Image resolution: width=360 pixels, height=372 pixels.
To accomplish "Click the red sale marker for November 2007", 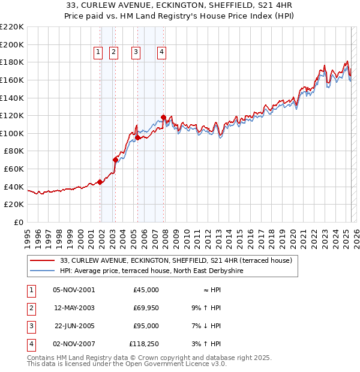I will click(x=163, y=117).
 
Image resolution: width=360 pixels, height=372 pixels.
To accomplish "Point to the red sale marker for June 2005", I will click(x=138, y=137).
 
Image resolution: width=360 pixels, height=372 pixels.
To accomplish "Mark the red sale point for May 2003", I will click(x=115, y=160).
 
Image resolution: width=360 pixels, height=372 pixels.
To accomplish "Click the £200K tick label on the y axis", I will click(x=12, y=44).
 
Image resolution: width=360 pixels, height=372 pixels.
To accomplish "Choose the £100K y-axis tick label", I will click(x=12, y=133).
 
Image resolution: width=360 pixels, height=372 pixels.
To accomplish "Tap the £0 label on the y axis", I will click(x=18, y=222).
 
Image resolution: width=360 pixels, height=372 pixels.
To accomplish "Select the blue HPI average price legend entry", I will click(x=160, y=271).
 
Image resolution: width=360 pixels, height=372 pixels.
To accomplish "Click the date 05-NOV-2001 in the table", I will click(x=74, y=290).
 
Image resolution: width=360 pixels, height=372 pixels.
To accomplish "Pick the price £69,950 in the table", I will click(x=144, y=307).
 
